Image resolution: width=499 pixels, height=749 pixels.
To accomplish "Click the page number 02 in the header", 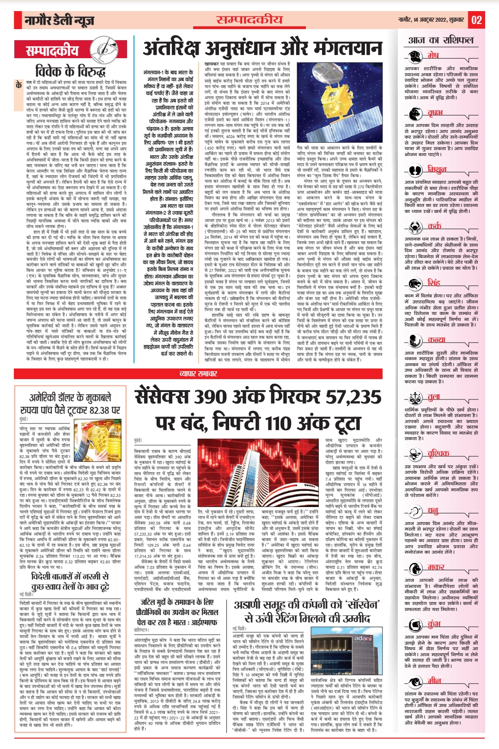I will pyautogui.click(x=476, y=20).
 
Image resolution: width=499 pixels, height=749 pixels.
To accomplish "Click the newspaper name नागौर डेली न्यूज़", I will pyautogui.click(x=60, y=20).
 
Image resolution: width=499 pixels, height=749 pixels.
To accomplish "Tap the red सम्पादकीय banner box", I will pyautogui.click(x=52, y=51).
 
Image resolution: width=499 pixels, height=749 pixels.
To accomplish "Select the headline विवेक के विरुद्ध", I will pyautogui.click(x=70, y=72).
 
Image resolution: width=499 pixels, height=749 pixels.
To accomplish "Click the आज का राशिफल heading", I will pyautogui.click(x=441, y=40).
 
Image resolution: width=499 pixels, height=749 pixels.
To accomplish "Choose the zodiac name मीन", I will pyautogui.click(x=434, y=681).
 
